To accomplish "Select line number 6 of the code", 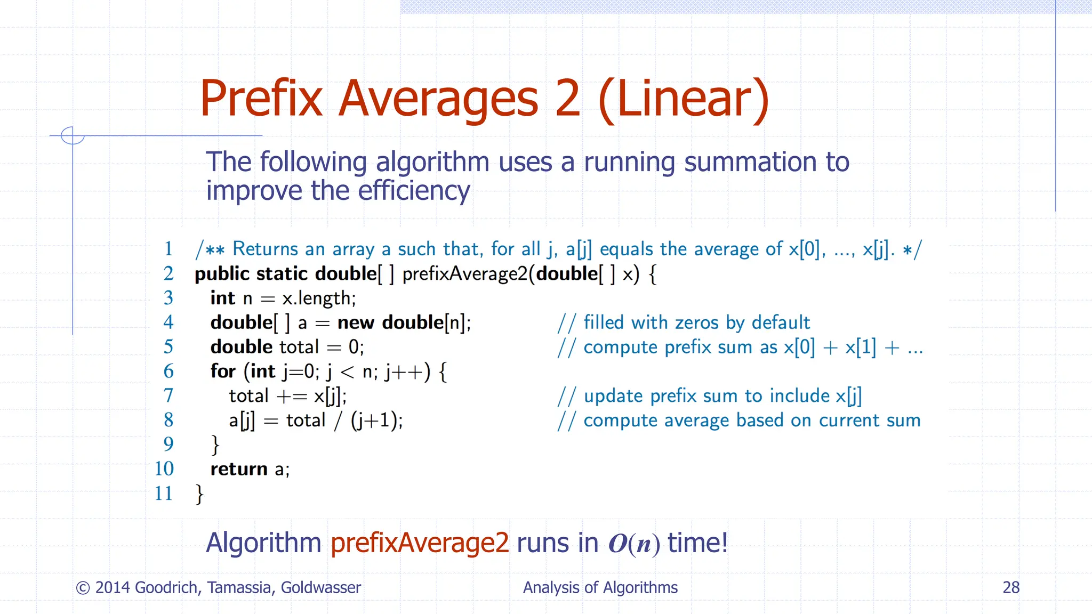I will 168,371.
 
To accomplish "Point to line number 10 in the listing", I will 164,468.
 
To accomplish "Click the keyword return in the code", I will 239,469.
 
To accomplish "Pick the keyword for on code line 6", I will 223,371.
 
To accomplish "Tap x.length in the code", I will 319,298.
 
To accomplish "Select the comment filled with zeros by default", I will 696,322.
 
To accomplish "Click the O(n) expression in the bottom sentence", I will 634,544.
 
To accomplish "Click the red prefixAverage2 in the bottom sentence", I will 420,543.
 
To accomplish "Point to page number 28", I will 1011,587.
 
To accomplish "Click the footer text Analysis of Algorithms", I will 600,587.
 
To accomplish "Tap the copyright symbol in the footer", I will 83,588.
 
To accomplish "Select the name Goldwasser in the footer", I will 321,587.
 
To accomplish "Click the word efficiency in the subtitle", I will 414,191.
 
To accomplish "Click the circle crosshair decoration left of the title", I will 73,135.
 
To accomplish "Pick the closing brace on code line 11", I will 199,494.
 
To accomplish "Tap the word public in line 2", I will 222,274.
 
